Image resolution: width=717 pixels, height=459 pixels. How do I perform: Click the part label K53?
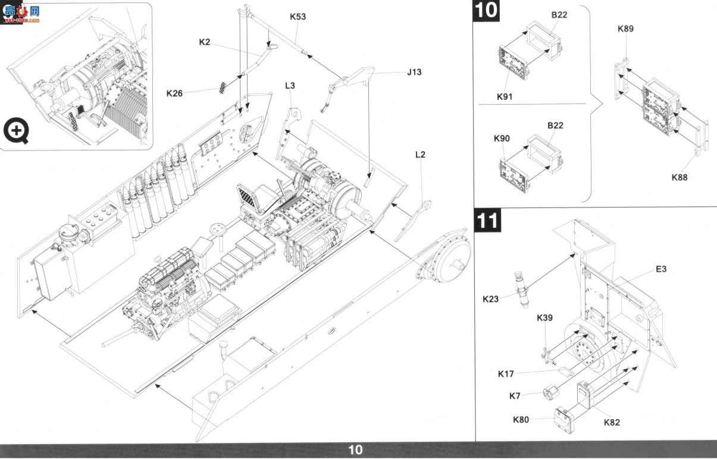tap(298, 17)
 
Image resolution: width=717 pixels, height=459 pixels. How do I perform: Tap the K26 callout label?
tap(174, 93)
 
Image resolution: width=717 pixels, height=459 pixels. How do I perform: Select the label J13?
tap(414, 73)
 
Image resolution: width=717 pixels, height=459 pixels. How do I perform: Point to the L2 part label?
tap(420, 155)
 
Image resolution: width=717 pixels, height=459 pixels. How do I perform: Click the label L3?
tap(290, 86)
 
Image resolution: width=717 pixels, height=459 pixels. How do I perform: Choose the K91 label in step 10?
tap(505, 96)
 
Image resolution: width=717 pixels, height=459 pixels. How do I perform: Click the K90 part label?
tap(502, 139)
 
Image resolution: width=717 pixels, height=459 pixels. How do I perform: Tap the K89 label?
tap(625, 29)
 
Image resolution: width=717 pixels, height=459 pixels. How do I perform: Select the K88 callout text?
tap(680, 178)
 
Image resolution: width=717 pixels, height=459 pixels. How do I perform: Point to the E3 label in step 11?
tap(661, 269)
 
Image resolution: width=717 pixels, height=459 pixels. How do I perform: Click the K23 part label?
tap(491, 299)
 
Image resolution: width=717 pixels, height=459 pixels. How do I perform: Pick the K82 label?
tap(612, 423)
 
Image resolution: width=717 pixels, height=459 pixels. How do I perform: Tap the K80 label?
tap(521, 420)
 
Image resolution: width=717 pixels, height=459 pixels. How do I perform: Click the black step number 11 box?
tap(488, 221)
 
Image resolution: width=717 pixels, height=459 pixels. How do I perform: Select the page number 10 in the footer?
tap(355, 450)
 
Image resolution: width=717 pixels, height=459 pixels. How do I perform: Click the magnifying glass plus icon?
tap(16, 130)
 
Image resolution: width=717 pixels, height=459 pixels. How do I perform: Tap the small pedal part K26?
tap(223, 87)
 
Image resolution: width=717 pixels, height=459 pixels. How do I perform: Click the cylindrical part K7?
tap(550, 392)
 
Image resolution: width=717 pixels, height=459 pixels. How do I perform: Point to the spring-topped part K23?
tap(522, 290)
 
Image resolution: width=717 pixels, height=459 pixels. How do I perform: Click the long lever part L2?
tap(413, 221)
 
